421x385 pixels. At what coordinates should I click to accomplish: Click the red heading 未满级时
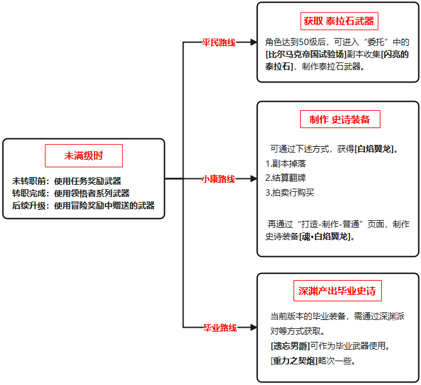(84, 156)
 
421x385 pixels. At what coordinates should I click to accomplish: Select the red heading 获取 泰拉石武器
(339, 21)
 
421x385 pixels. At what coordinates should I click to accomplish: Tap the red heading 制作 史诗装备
(340, 119)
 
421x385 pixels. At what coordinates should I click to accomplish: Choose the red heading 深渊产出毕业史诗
(337, 291)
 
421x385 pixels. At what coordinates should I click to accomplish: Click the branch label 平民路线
(219, 42)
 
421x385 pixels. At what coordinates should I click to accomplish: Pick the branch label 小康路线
(218, 179)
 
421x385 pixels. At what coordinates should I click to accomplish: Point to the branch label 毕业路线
(220, 328)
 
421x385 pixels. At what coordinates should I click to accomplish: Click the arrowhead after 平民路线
(254, 42)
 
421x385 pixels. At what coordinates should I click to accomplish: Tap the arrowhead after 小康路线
(254, 178)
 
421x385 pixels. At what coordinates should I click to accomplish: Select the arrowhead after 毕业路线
(254, 327)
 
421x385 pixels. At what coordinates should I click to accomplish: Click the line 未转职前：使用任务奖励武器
(66, 181)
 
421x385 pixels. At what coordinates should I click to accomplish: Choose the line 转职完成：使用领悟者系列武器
(71, 193)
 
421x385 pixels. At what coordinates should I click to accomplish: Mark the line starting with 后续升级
(83, 205)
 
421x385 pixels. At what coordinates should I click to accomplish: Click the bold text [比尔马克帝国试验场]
(306, 54)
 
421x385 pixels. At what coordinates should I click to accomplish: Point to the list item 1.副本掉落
(285, 164)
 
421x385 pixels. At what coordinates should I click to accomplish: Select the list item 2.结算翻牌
(285, 178)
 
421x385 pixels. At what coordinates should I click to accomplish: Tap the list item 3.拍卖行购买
(290, 192)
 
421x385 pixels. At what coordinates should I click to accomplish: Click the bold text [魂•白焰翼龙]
(325, 236)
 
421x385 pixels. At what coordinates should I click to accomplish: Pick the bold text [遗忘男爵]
(290, 346)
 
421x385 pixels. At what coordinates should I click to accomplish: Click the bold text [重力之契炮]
(294, 361)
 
